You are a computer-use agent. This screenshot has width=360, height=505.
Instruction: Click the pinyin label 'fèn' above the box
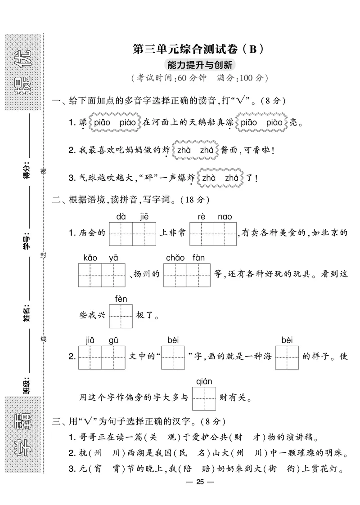pos(121,299)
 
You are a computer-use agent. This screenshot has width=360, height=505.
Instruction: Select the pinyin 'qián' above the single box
pos(204,381)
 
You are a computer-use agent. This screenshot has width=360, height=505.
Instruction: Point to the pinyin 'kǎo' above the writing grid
pos(90,258)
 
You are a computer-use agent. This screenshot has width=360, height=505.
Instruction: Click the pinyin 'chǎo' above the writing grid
pos(175,258)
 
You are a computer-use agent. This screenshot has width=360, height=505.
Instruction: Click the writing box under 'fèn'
pos(121,317)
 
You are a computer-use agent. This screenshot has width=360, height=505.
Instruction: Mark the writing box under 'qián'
pos(204,398)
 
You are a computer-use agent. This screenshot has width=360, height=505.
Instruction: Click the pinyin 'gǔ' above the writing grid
pos(113,340)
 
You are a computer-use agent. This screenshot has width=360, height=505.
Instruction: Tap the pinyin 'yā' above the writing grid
pos(113,258)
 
